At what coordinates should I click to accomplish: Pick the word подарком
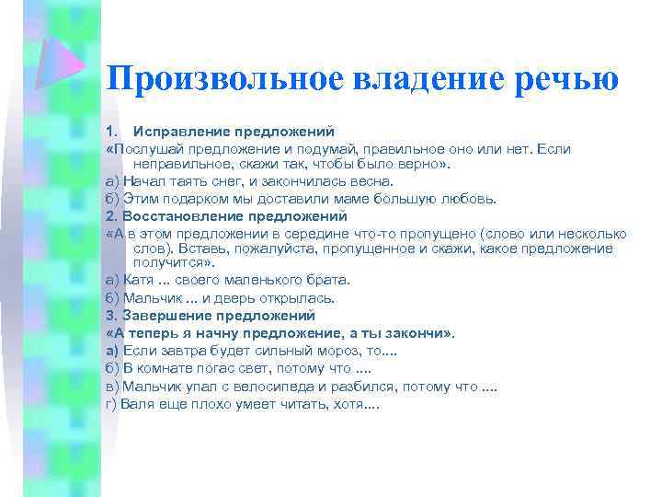pos(189,198)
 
